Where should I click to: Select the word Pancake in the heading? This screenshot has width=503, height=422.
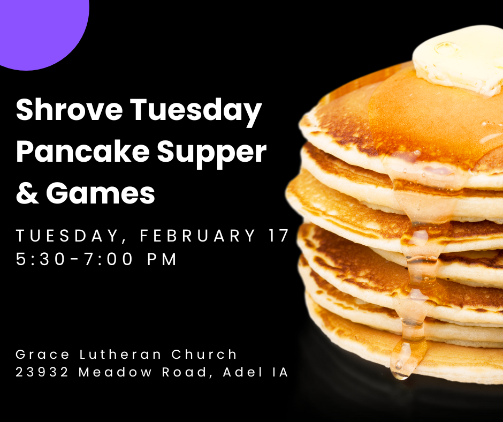[x=81, y=153]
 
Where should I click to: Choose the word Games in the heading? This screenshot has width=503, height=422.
[x=100, y=193]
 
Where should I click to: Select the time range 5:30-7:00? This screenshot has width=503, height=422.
[x=75, y=260]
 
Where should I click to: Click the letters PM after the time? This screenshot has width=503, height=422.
[x=162, y=260]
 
